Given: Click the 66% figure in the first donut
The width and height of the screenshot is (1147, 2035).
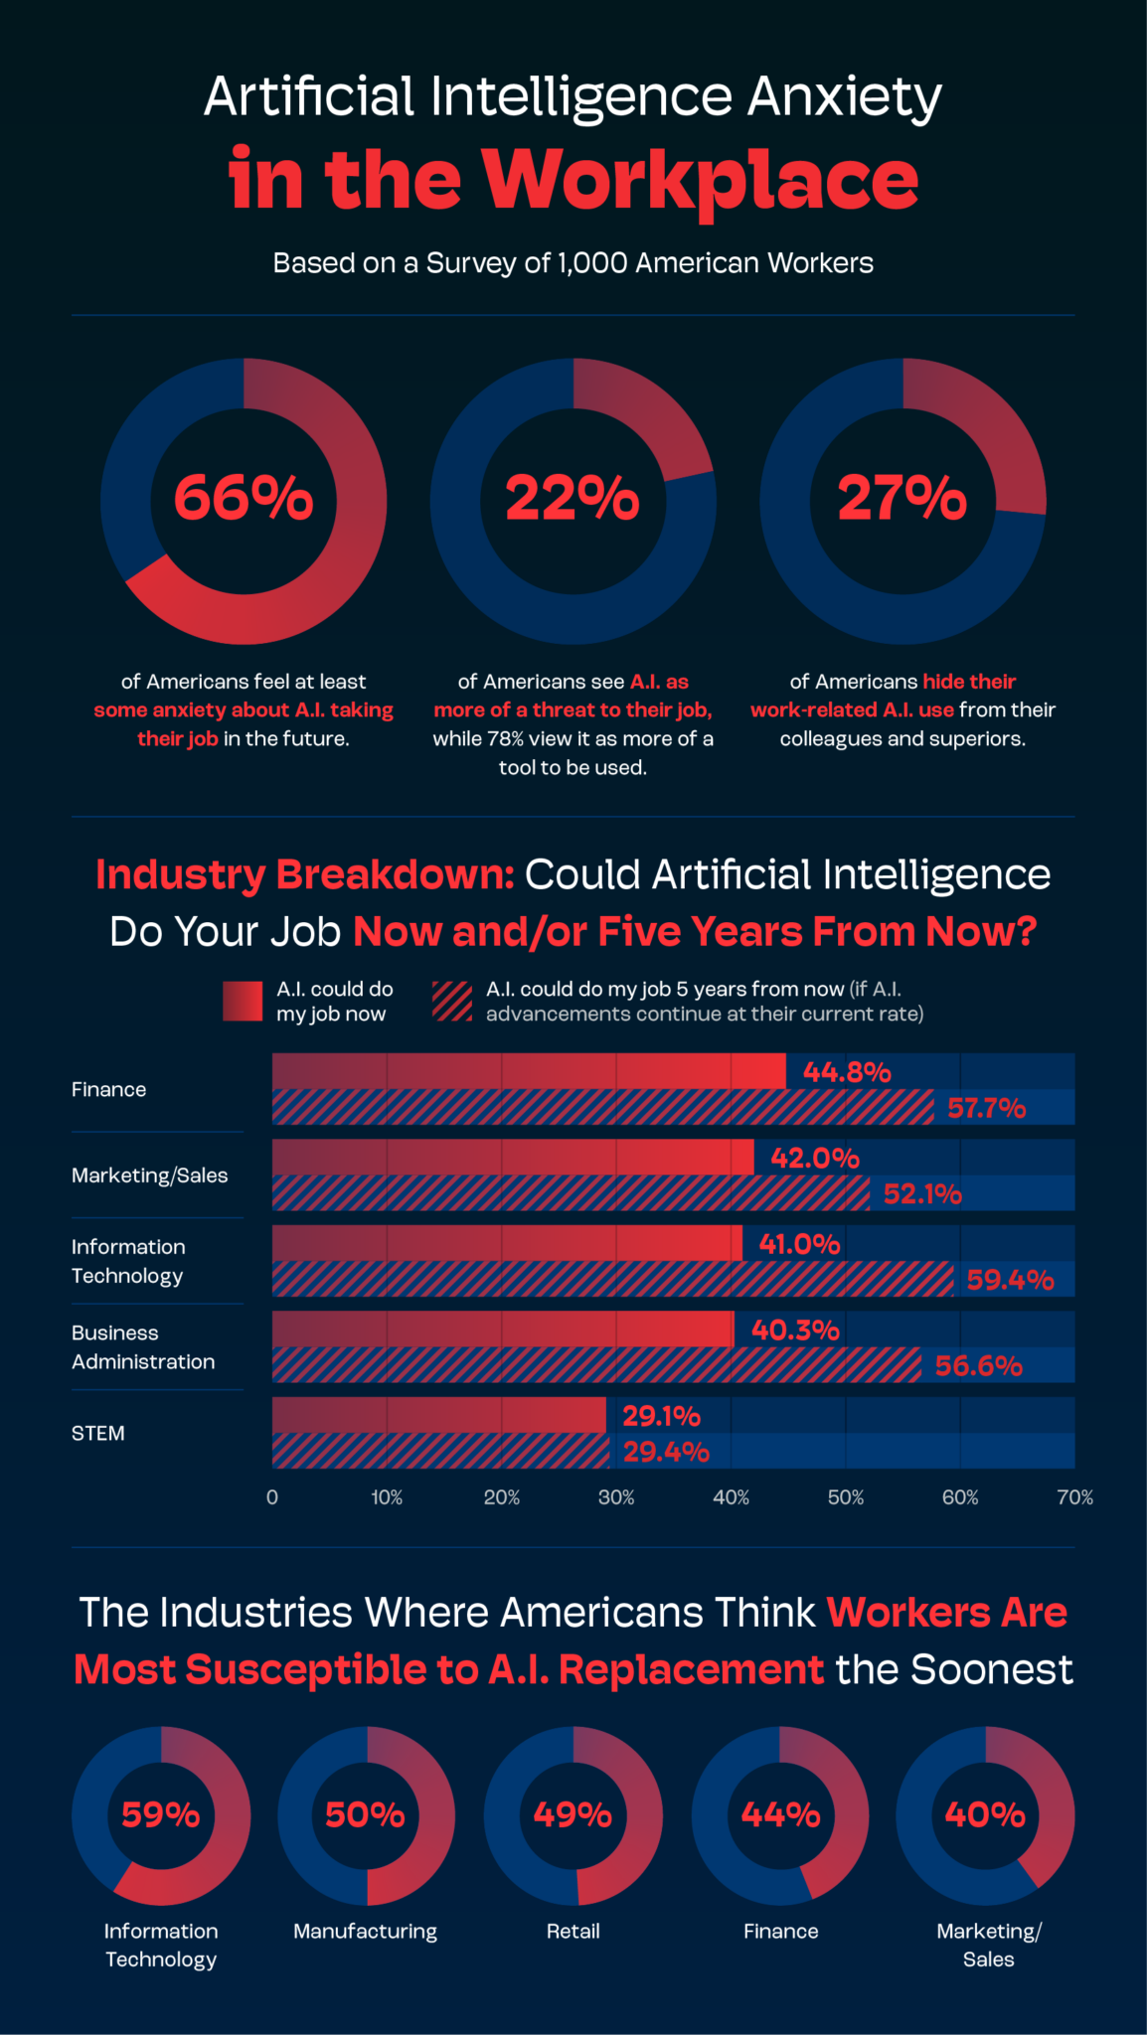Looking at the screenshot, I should [244, 498].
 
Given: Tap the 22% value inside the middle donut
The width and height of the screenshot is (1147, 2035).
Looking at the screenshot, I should [573, 498].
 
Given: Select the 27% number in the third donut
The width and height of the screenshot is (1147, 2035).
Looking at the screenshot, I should [901, 498].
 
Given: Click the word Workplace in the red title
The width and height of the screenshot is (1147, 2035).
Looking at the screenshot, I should [701, 180].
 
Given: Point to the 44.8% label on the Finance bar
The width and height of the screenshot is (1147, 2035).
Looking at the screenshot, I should [847, 1072].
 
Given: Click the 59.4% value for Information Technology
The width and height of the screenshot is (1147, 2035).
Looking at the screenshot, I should [1010, 1280].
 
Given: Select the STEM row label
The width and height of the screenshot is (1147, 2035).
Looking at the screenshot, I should [98, 1433].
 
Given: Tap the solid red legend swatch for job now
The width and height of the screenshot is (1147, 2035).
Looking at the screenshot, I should [243, 1002].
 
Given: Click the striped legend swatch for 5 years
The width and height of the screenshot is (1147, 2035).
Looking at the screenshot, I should [452, 1002].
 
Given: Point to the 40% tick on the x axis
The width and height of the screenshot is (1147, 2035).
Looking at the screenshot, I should [731, 1497].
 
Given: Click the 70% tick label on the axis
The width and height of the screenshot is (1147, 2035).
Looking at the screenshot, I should [1074, 1497].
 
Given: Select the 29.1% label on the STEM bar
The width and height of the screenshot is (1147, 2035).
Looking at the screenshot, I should [662, 1416].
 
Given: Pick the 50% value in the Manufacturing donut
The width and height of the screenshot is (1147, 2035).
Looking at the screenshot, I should [365, 1815].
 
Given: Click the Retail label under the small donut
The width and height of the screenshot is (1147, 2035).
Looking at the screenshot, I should [573, 1931].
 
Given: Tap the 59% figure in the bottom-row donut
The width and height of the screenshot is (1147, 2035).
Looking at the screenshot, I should [160, 1815].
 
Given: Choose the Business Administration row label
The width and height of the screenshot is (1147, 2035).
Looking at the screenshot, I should [143, 1347].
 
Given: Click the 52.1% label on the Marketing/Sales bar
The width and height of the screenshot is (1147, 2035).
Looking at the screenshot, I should [922, 1194].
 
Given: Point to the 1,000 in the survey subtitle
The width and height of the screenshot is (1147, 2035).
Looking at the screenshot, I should [592, 263].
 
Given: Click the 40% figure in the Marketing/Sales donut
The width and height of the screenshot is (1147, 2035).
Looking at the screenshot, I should [985, 1815].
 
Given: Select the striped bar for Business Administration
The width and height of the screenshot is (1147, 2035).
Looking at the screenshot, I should [596, 1365].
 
